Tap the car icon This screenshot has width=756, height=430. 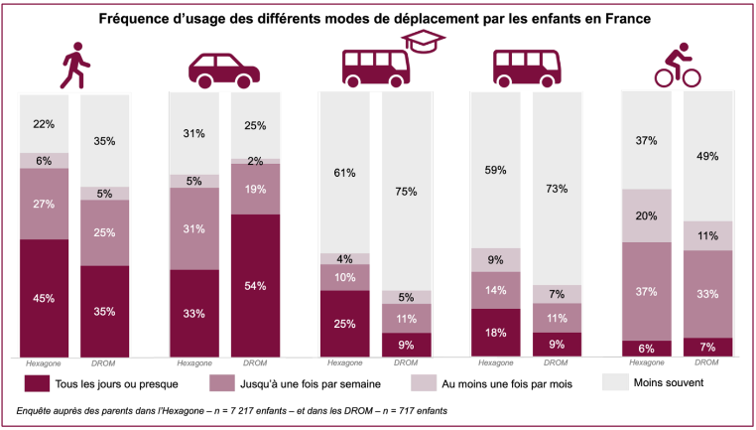(224, 70)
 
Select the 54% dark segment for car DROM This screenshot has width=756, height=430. (255, 286)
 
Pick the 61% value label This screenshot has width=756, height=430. (343, 174)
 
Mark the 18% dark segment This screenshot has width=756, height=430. (494, 333)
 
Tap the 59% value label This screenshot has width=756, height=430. (494, 170)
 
